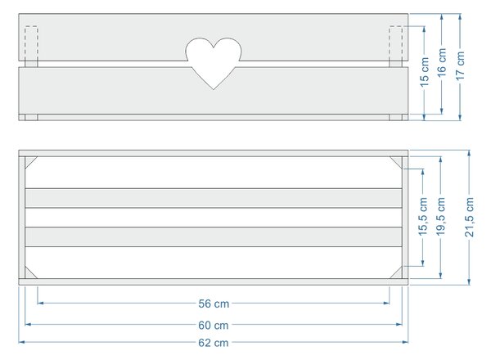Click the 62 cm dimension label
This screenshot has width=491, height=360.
[214, 343]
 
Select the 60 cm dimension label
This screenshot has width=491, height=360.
[214, 326]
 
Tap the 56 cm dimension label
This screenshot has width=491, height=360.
[214, 304]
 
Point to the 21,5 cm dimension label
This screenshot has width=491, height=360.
[470, 217]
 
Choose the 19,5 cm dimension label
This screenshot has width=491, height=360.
[440, 217]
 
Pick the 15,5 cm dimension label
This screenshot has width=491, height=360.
[423, 217]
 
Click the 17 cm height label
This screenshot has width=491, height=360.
[460, 65]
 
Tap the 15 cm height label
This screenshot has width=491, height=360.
[424, 72]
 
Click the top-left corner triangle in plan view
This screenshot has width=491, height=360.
[29, 160]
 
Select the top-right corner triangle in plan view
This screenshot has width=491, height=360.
[398, 160]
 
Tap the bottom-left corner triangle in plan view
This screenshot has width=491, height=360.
[29, 274]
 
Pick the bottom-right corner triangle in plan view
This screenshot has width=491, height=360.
[398, 274]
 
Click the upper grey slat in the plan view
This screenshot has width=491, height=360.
[214, 198]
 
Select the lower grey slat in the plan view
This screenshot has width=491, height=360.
[214, 237]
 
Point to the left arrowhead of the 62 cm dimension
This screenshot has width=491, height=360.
[21, 342]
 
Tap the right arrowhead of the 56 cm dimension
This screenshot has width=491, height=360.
[386, 303]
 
